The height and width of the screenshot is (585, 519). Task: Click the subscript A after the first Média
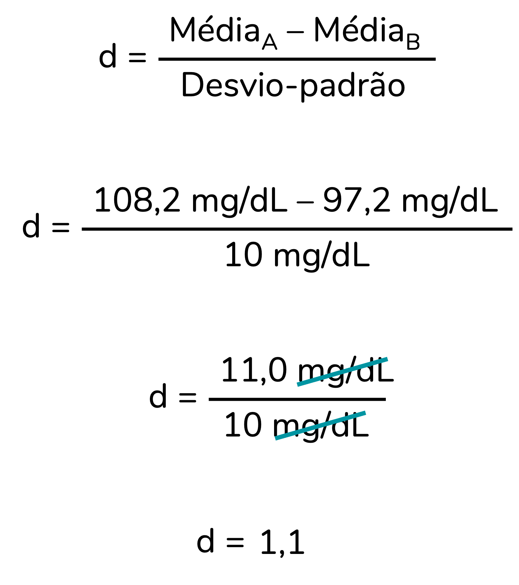[x=269, y=42]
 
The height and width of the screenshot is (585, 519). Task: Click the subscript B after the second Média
[x=413, y=42]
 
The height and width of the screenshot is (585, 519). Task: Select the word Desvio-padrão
[x=293, y=85]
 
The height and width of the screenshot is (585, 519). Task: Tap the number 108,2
[x=137, y=200]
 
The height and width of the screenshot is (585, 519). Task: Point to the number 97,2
[x=357, y=200]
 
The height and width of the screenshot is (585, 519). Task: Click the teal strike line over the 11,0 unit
[x=342, y=372]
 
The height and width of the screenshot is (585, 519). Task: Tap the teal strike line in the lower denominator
[x=320, y=425]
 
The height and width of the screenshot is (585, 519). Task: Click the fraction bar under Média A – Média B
[x=297, y=59]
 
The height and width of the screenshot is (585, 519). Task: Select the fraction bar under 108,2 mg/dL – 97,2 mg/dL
[x=297, y=229]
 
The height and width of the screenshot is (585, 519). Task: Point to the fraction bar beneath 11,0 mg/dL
[x=297, y=399]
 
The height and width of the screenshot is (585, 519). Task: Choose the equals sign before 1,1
[x=235, y=543]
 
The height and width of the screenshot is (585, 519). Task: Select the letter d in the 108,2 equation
[x=31, y=225]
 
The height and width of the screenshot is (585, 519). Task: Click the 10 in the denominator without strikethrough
[x=244, y=255]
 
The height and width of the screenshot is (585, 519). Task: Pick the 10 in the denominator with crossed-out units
[x=243, y=425]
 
